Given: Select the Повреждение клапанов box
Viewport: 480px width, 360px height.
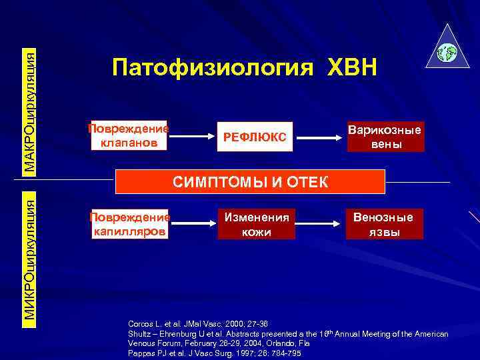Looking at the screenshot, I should coord(129,136).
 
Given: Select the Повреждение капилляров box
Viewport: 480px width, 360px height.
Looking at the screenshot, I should coord(129,224).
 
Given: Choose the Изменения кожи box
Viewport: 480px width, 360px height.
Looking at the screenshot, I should coord(257,224).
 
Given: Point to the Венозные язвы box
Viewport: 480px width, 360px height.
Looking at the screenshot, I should coord(383,224).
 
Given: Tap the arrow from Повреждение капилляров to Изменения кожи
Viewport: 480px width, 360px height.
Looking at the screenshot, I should coord(193,224).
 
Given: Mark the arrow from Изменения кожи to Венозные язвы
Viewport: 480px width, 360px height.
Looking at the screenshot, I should coord(320,224).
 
